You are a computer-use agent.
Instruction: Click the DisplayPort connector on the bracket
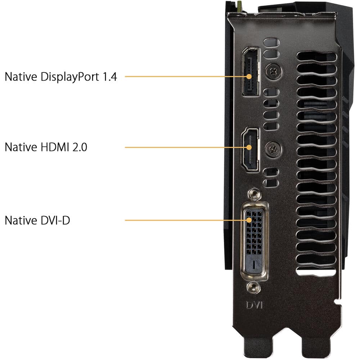click(x=251, y=72)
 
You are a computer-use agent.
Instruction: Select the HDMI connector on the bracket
click(x=250, y=149)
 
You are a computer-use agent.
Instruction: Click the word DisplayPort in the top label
click(x=70, y=77)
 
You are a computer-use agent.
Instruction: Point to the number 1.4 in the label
click(x=110, y=76)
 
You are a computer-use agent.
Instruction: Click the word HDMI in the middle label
click(x=55, y=147)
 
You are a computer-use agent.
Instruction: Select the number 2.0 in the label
click(x=80, y=147)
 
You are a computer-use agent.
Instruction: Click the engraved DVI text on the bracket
click(x=254, y=305)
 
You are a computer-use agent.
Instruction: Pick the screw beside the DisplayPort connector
click(x=274, y=72)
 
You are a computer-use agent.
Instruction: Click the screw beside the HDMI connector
click(x=273, y=149)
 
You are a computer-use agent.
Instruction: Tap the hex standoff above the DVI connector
click(x=254, y=194)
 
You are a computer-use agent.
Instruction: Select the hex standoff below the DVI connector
click(x=254, y=287)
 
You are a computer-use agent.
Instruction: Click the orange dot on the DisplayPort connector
click(x=249, y=76)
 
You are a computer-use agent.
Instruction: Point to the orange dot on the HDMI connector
click(x=249, y=147)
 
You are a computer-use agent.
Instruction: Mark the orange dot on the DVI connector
click(x=249, y=220)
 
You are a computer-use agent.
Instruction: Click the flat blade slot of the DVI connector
click(x=254, y=264)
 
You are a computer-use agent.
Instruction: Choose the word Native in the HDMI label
click(x=21, y=147)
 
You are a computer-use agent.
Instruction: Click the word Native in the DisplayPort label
click(x=21, y=77)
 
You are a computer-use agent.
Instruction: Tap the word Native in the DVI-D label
click(x=21, y=220)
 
